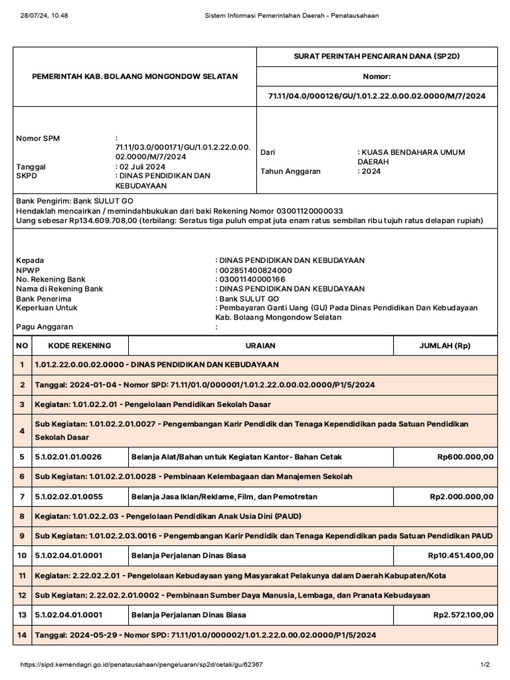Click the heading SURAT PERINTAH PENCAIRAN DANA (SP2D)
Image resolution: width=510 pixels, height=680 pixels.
(377, 56)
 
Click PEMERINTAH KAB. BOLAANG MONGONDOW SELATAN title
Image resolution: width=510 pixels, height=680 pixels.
(135, 76)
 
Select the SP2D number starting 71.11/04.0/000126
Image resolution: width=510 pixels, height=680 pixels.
(377, 96)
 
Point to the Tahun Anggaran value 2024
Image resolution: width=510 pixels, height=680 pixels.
(371, 171)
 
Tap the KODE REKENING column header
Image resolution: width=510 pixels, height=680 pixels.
(80, 346)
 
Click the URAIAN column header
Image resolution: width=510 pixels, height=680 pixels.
(261, 346)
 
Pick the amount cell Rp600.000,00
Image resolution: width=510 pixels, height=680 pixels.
(465, 457)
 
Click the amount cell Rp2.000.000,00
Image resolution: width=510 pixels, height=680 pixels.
(462, 496)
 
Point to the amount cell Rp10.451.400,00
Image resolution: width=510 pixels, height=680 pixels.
(460, 555)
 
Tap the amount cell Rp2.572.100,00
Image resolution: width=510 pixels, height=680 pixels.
(463, 615)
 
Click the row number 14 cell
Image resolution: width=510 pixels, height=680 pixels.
(22, 636)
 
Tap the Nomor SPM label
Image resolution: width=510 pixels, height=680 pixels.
(38, 138)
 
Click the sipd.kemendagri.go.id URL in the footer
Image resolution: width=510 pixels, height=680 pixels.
(141, 665)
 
